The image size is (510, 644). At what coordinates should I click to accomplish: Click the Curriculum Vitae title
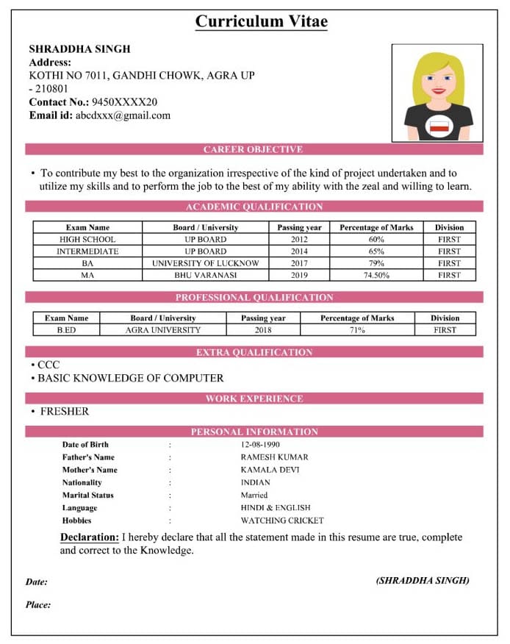point(261,21)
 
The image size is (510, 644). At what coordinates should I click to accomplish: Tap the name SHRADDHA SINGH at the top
point(79,49)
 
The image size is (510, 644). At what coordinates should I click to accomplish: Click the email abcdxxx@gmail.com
point(123,115)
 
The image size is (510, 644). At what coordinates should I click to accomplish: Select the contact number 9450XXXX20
point(123,102)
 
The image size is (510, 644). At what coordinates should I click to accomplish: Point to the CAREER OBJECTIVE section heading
point(253,149)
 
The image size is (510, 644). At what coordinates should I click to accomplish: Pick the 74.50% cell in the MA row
point(376,275)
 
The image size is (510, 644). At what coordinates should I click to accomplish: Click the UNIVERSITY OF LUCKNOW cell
point(206,263)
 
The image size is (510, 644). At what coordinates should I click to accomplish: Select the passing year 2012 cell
point(299,240)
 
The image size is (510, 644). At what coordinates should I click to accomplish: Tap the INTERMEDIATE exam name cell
point(87,251)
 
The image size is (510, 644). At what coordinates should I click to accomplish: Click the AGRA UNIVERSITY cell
point(162,330)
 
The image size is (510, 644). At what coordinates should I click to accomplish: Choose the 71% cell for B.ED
point(357,330)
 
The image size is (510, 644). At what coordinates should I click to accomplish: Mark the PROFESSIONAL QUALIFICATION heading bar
point(254,298)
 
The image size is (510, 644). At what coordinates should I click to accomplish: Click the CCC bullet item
point(49,365)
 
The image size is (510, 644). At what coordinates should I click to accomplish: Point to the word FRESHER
point(65,412)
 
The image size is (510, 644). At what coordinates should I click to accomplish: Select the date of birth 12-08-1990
point(260,445)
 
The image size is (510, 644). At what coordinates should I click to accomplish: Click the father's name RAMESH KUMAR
point(274,457)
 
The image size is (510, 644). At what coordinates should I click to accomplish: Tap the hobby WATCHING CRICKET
point(282,520)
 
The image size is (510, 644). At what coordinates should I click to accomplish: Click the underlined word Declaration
point(89,537)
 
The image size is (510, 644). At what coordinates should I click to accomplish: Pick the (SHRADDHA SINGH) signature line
point(423,581)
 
